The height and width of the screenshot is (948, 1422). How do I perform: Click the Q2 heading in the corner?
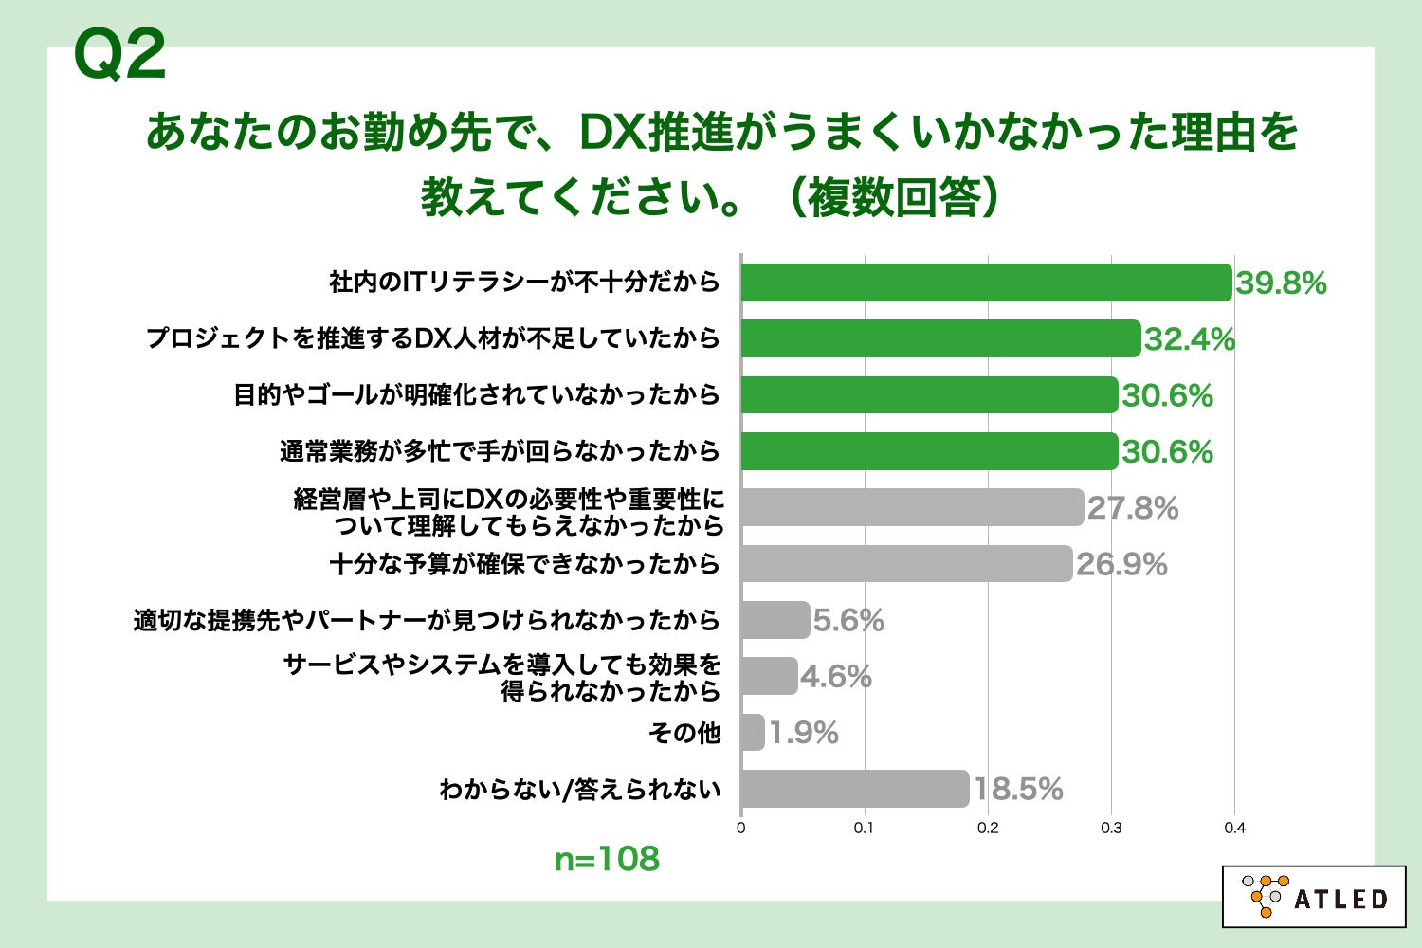tap(119, 55)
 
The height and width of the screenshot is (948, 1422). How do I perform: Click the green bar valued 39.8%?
tap(986, 283)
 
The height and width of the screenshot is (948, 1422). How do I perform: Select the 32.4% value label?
tap(1190, 339)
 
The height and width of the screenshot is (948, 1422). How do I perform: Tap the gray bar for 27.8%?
tap(911, 507)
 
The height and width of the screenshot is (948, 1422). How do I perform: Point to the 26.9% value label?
tap(1121, 564)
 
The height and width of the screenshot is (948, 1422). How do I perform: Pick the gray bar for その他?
tap(753, 733)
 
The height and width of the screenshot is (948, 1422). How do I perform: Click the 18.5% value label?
tap(1018, 789)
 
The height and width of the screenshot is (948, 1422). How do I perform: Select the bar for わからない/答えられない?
tap(854, 789)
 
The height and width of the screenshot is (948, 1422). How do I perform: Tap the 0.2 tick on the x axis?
tap(988, 828)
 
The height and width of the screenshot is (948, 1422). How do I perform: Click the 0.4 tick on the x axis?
tap(1234, 828)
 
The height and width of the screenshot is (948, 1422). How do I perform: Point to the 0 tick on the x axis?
tap(740, 828)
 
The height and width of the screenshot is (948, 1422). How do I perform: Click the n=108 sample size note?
tap(607, 859)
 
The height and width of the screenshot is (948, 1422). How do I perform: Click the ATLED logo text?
tap(1340, 899)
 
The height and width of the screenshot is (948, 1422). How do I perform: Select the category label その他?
tap(684, 733)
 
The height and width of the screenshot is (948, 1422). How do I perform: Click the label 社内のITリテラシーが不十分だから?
tap(524, 283)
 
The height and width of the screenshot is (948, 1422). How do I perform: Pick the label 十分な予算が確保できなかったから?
tap(524, 564)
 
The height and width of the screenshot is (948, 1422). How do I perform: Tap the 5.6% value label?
tap(848, 620)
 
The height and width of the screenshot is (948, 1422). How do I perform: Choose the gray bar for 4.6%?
tap(769, 676)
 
